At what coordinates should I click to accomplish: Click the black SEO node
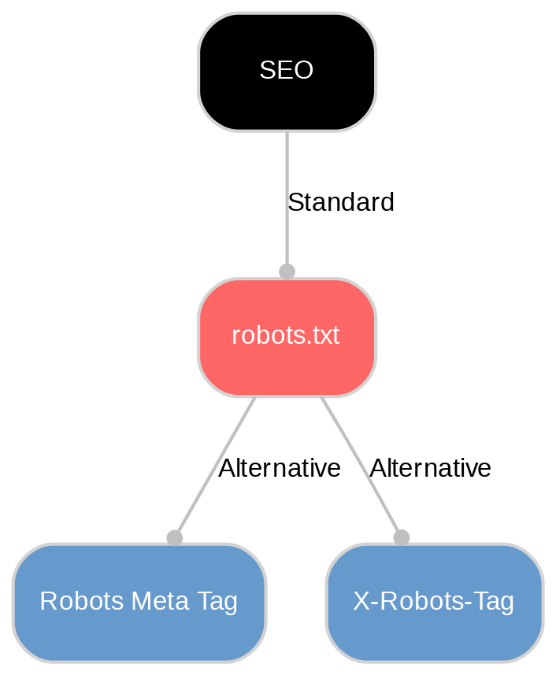coord(287,72)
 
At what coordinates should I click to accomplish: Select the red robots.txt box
coord(287,337)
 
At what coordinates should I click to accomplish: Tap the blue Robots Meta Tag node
coord(139,602)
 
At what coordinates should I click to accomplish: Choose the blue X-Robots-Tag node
coord(434,602)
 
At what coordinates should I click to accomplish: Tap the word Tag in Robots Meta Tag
coord(218,602)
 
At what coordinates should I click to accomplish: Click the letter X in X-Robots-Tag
coord(360,602)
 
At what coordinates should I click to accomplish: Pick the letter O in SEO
coord(303,71)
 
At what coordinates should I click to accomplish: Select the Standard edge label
coord(341,203)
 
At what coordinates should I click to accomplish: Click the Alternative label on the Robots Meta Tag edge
coord(280,469)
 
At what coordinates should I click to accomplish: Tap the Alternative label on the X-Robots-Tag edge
coord(430,469)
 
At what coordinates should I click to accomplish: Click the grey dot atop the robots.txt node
coord(287,271)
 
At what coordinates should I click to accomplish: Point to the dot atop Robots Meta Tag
coord(174,537)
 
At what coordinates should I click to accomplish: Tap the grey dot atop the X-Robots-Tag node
coord(401,537)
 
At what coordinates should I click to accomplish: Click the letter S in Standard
coord(295,203)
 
